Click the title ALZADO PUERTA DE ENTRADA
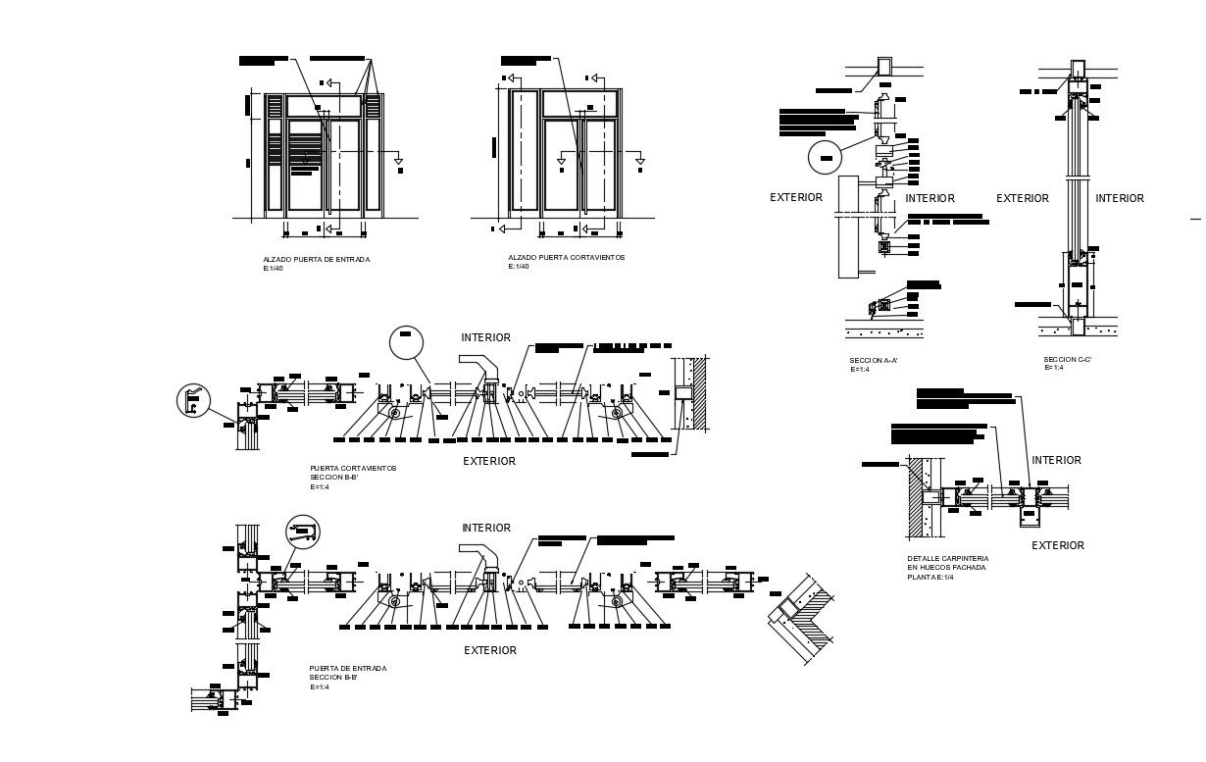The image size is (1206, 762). [x=316, y=260]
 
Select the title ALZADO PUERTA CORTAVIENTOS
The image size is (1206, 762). [x=566, y=258]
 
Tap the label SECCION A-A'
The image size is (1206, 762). [x=874, y=361]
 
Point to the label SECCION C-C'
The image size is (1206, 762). [x=1068, y=360]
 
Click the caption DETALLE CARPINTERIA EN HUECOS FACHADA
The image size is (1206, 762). [x=947, y=563]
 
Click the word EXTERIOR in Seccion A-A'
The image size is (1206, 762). [x=796, y=198]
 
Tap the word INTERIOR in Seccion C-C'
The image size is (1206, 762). [x=1119, y=199]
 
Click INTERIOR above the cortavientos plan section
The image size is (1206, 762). [x=485, y=337]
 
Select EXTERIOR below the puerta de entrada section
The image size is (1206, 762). [x=489, y=650]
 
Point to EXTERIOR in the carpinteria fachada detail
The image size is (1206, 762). [x=1058, y=546]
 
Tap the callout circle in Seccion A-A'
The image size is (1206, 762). [x=825, y=158]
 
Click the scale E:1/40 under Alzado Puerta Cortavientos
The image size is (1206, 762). [x=519, y=267]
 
